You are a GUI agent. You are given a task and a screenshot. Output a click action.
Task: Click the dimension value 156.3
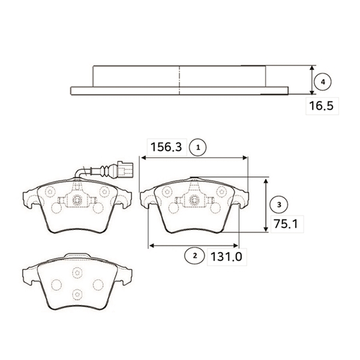[166, 147]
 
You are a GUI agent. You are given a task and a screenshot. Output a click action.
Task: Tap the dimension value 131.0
[226, 257]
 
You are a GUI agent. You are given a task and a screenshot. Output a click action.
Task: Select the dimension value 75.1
[286, 224]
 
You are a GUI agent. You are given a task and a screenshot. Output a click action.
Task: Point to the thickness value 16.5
[321, 106]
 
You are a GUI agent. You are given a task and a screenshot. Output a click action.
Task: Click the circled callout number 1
[198, 148]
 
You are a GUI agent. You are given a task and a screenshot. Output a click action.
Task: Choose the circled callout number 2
[194, 256]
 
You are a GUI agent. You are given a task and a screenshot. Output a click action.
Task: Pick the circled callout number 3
[279, 205]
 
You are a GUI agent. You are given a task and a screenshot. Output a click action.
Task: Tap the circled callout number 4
[323, 82]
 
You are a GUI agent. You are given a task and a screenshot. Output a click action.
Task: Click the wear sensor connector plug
[125, 170]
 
